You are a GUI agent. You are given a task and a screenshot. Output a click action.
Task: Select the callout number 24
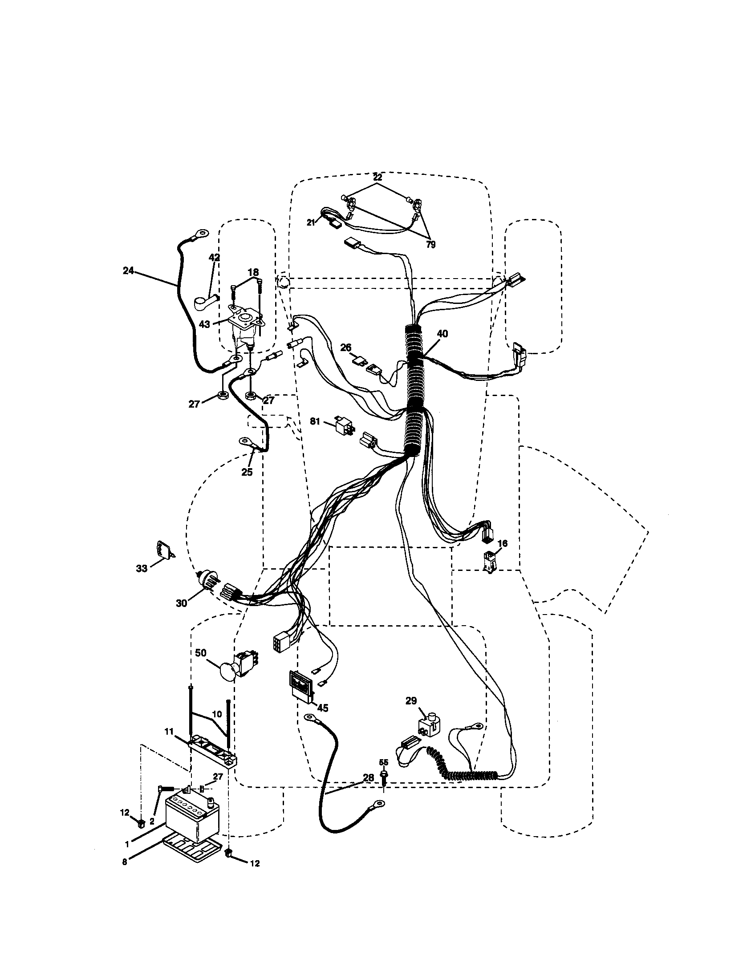128,271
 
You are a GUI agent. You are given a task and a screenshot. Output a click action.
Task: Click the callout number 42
214,257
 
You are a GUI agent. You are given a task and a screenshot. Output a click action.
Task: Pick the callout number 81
315,421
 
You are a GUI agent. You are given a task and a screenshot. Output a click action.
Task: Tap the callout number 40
442,333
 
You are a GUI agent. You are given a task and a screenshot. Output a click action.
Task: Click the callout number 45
323,708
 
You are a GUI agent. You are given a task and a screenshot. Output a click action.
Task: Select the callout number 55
384,761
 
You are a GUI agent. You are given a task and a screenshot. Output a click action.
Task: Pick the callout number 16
503,543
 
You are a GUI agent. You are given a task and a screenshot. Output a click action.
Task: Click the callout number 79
430,245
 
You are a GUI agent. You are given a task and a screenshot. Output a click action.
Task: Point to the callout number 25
247,472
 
